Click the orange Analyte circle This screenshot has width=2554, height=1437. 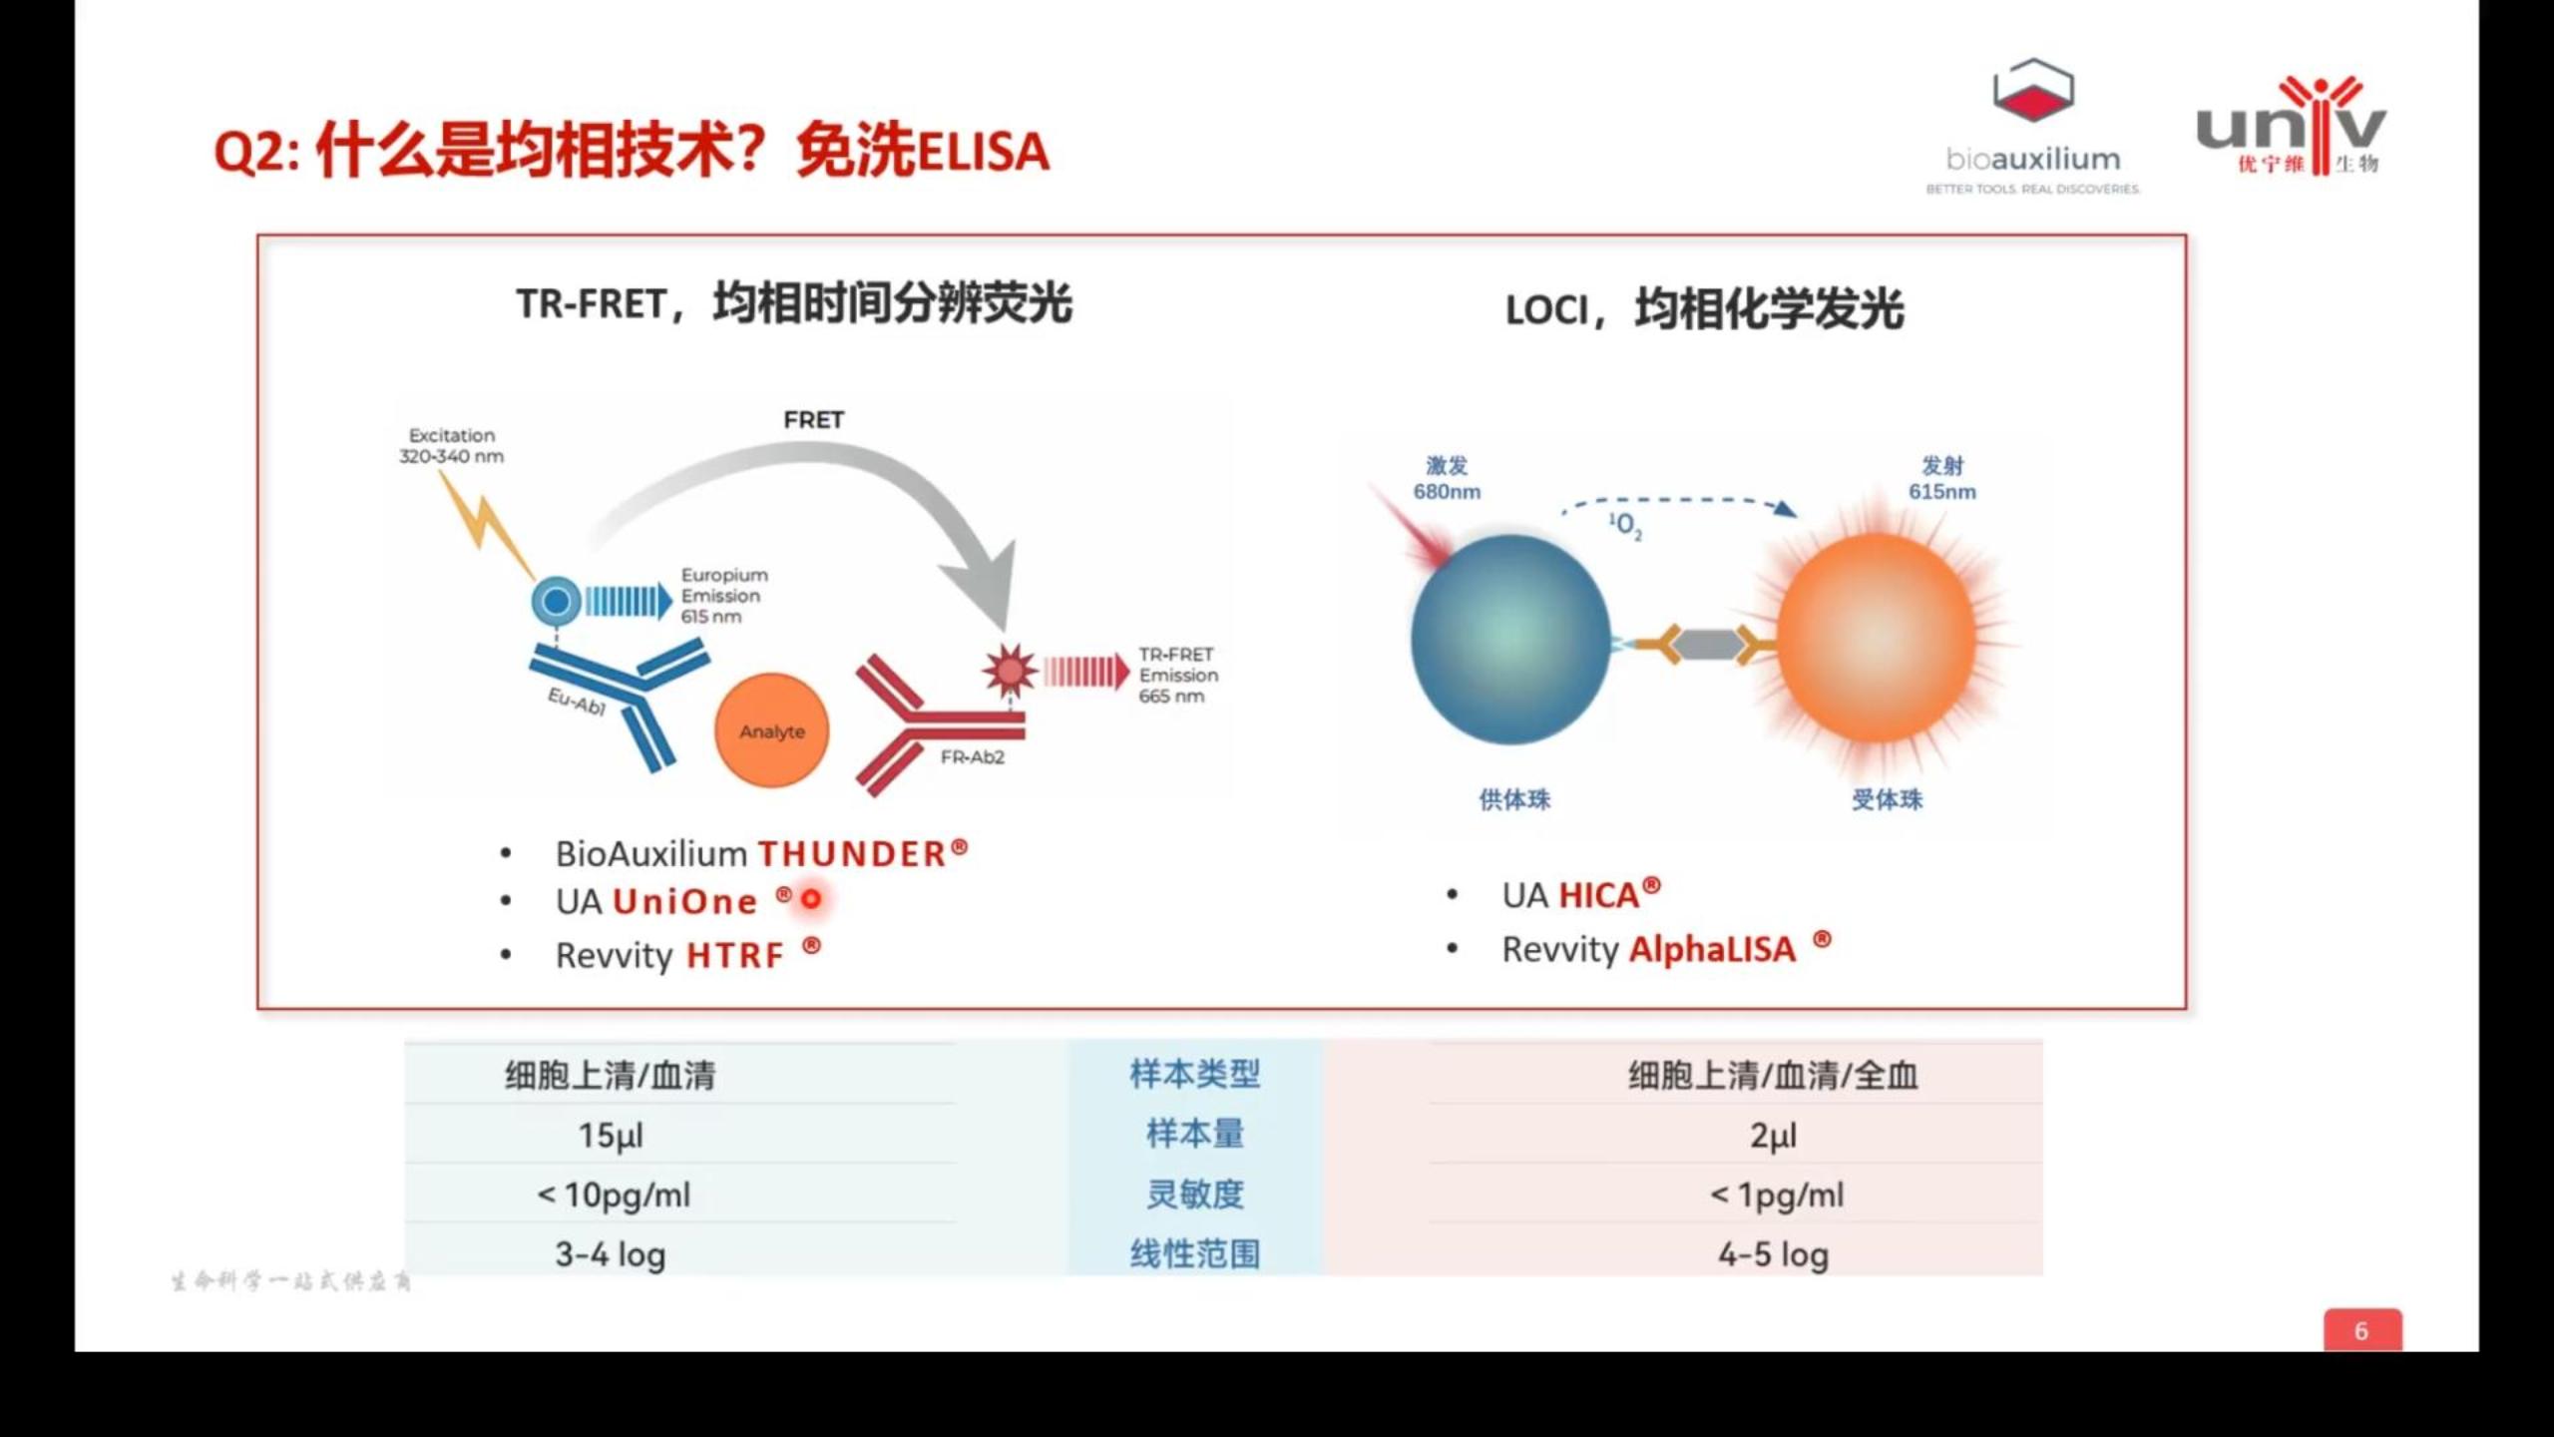point(771,730)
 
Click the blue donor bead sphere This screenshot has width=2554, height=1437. point(1509,640)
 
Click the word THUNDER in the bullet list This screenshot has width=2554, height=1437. point(851,854)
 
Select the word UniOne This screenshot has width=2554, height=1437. point(684,902)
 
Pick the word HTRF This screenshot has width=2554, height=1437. point(735,956)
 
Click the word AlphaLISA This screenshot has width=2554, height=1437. point(1712,949)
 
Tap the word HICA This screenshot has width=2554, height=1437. point(1598,895)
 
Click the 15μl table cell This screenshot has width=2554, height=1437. point(611,1136)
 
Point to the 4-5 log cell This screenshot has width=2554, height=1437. point(1773,1254)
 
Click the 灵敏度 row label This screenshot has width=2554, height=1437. point(1194,1195)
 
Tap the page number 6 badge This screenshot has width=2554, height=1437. point(2361,1330)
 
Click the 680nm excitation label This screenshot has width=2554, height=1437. point(1447,491)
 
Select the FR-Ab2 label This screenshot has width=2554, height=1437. point(972,757)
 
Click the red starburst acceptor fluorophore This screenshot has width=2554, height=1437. point(1010,671)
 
